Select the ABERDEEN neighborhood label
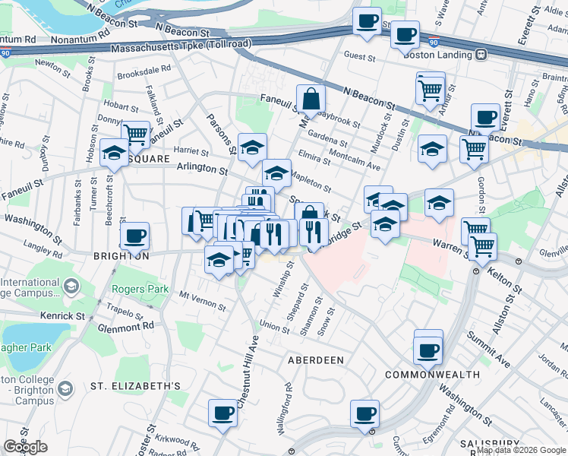pyautogui.click(x=315, y=359)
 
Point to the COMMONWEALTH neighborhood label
pyautogui.click(x=432, y=375)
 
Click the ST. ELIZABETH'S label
pyautogui.click(x=135, y=386)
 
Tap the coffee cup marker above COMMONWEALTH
pyautogui.click(x=428, y=350)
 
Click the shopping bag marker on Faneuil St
pyautogui.click(x=311, y=98)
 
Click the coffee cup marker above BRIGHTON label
pyautogui.click(x=134, y=236)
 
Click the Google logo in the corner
pyautogui.click(x=25, y=447)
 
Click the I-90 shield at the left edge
pyautogui.click(x=5, y=53)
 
